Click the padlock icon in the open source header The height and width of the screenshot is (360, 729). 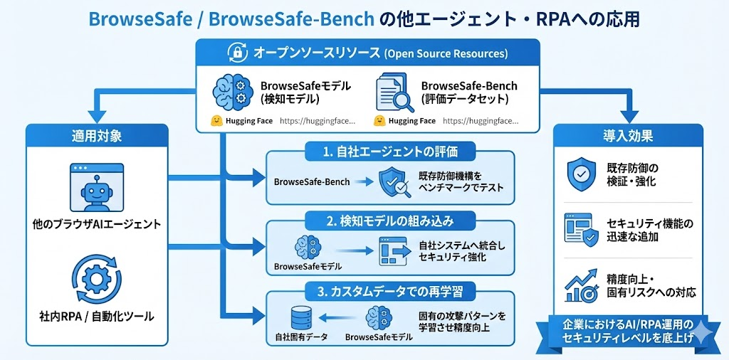pos(236,53)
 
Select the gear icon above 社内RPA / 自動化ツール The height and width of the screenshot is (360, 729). pos(95,280)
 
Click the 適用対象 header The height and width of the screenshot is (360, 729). pos(98,135)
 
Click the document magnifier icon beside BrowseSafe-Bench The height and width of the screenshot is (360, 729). pos(395,93)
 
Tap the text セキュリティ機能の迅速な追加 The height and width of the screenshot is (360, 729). pos(649,230)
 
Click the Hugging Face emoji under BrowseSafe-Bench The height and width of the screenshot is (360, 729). pos(379,121)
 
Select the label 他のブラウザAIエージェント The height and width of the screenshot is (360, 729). pos(97,225)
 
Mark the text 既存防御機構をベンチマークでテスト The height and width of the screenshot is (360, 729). pos(461,181)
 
